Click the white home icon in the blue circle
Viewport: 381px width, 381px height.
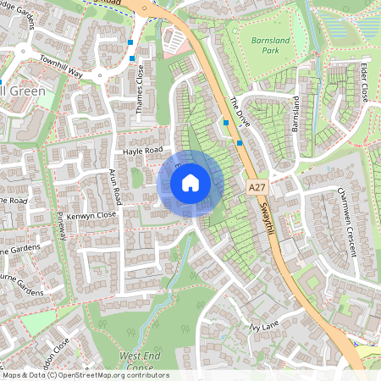point(190,182)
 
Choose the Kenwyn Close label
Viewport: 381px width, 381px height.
point(94,215)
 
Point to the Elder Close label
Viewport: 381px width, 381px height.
point(363,81)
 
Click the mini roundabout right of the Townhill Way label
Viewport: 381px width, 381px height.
point(101,75)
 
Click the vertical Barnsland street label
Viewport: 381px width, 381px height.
point(296,114)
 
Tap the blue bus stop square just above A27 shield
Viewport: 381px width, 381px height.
point(240,143)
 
